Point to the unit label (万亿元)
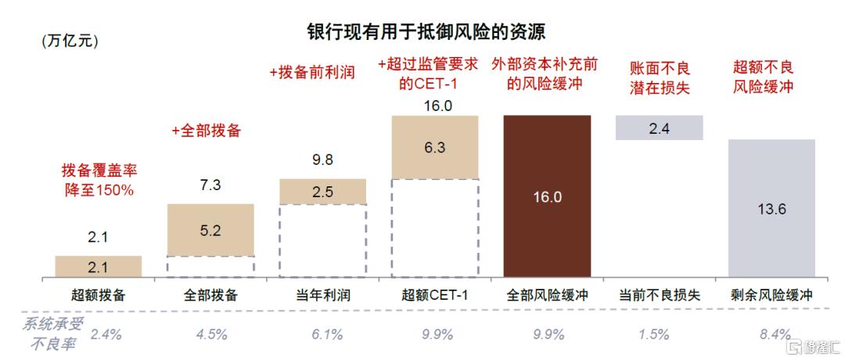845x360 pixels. [x=70, y=41]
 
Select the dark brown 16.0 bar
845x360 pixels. [x=547, y=196]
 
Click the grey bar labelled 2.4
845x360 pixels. [x=659, y=128]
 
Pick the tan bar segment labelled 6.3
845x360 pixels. [x=434, y=146]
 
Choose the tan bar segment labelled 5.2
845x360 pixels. [x=210, y=229]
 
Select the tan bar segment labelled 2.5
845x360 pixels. [x=322, y=191]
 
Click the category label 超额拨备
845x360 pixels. [x=98, y=295]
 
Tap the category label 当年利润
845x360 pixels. [x=322, y=295]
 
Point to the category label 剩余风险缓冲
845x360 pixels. [x=771, y=295]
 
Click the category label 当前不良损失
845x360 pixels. [x=659, y=295]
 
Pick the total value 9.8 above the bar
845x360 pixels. [x=322, y=160]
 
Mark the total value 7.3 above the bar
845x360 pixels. [x=210, y=185]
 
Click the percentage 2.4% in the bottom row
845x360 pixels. [x=106, y=335]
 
